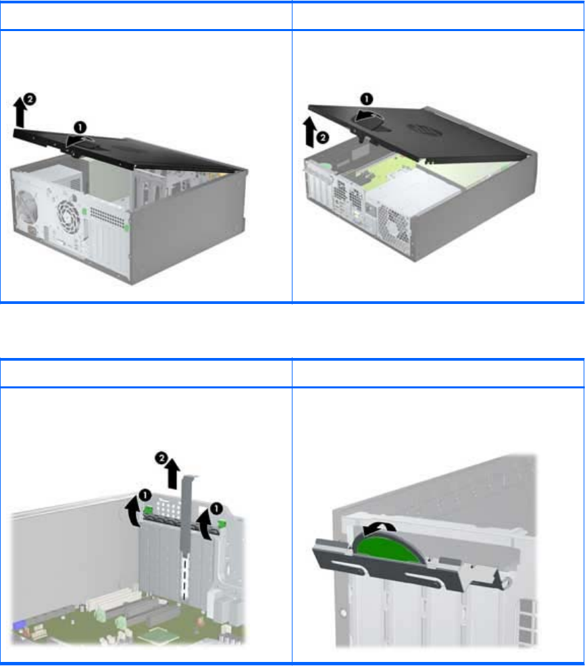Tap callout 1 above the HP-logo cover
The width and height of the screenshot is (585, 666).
pyautogui.click(x=367, y=99)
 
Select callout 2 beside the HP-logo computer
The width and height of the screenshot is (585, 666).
pyautogui.click(x=323, y=138)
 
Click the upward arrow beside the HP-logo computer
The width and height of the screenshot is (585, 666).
pyautogui.click(x=310, y=132)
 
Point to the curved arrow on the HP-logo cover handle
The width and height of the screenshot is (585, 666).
pyautogui.click(x=369, y=115)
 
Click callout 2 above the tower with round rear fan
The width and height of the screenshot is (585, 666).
pyautogui.click(x=30, y=99)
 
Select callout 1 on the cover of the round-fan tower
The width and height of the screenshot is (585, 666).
pyautogui.click(x=80, y=128)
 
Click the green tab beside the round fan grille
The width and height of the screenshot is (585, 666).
pyautogui.click(x=84, y=211)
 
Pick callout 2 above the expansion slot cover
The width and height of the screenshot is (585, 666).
pyautogui.click(x=161, y=458)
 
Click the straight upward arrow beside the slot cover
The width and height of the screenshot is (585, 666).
pyautogui.click(x=172, y=473)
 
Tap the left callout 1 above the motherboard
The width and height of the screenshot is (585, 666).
pyautogui.click(x=145, y=495)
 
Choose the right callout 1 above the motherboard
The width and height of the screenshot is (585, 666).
pyautogui.click(x=217, y=508)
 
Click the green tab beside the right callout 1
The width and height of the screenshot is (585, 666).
pyautogui.click(x=222, y=525)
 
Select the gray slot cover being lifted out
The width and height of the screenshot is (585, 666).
pyautogui.click(x=186, y=535)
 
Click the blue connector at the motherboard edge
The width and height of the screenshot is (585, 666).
pyautogui.click(x=18, y=625)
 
